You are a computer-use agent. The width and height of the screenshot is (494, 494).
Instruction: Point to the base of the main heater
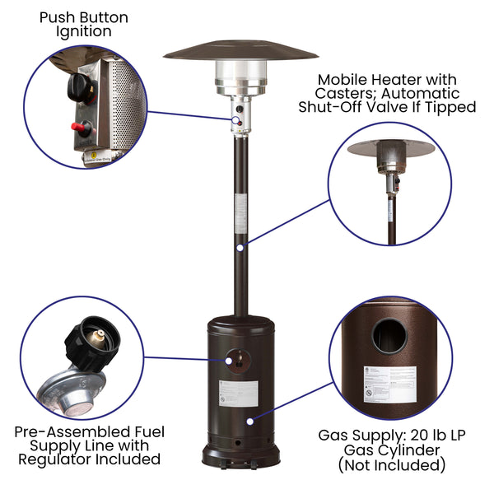(240, 455)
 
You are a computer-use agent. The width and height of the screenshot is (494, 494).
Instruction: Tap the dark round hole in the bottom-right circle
(389, 337)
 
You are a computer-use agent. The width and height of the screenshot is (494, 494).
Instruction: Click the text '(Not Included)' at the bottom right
(392, 465)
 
